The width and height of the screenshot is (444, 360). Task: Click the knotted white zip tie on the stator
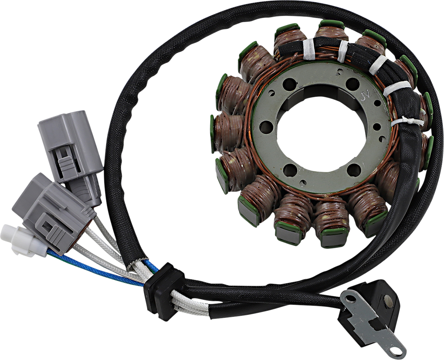(407, 122)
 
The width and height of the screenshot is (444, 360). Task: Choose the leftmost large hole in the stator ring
(266, 127)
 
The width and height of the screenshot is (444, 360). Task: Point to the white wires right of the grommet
(192, 306)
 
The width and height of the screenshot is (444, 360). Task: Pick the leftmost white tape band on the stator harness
(308, 48)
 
